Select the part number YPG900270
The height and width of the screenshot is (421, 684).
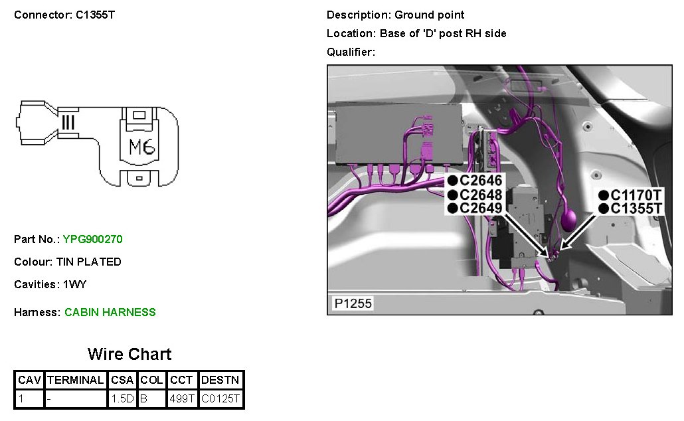[92, 239]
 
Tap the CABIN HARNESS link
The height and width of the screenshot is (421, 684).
[110, 312]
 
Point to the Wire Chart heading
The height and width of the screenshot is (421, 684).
[129, 354]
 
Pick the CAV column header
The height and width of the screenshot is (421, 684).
[29, 380]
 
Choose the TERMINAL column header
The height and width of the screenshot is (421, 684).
[76, 380]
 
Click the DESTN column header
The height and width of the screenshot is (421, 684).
[221, 380]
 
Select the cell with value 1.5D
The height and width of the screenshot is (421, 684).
[123, 399]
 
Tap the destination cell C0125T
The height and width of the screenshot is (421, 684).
[221, 399]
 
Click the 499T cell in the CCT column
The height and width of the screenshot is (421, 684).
[181, 399]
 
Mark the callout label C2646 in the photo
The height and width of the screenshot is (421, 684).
[480, 180]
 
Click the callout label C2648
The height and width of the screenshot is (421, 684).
[480, 195]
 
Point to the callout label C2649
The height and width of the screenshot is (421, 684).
[480, 209]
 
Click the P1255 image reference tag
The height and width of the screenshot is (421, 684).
[353, 304]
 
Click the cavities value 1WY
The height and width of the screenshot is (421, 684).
[74, 284]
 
